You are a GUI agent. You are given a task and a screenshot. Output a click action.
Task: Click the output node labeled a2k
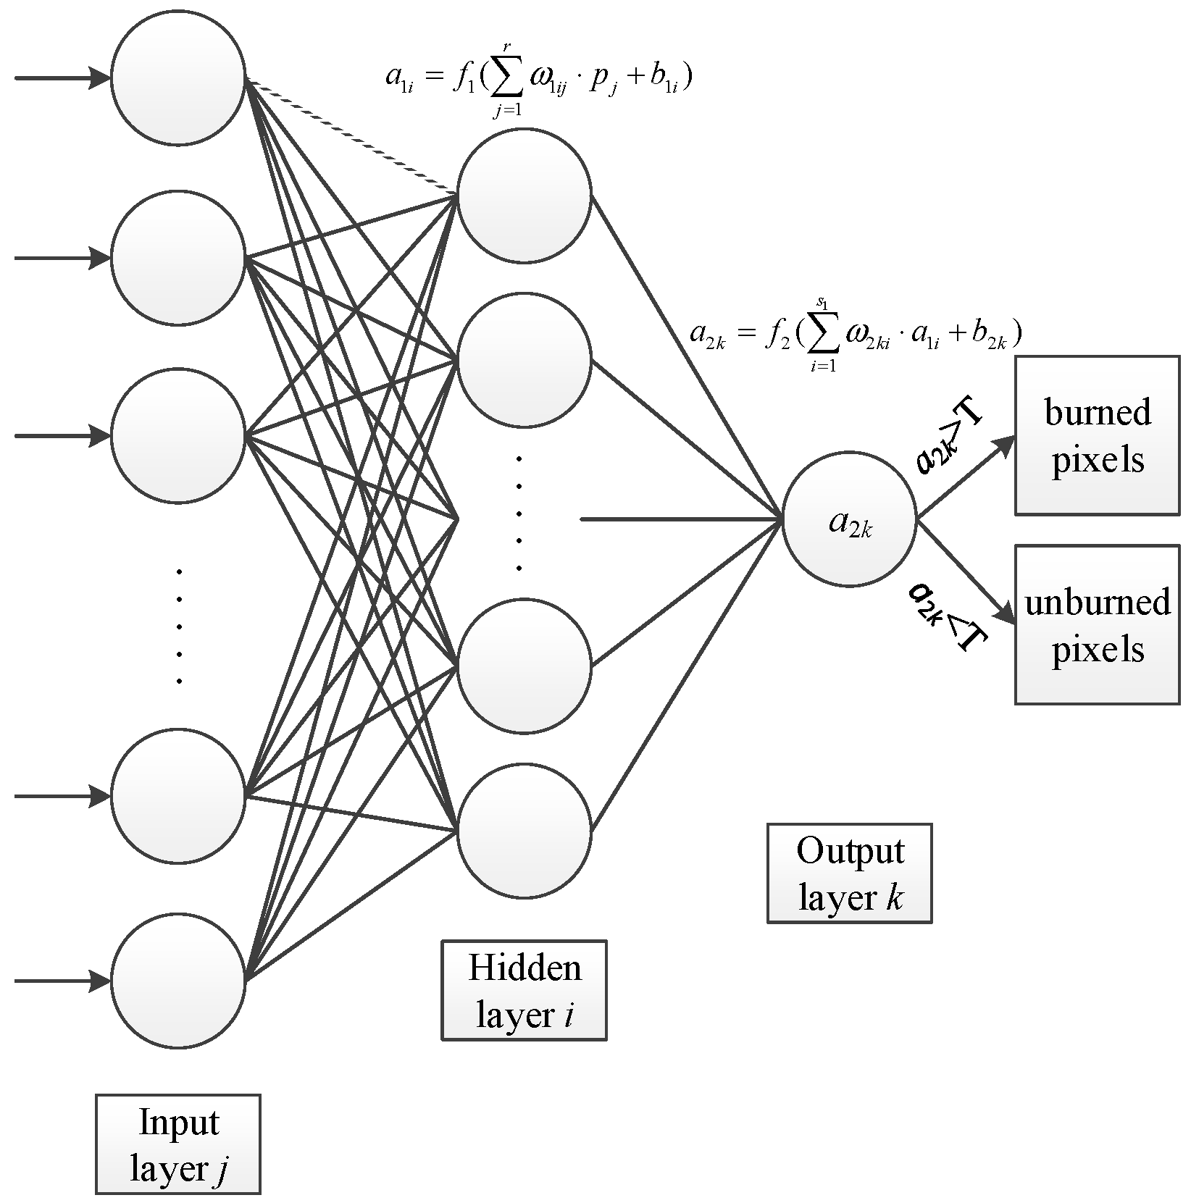[850, 520]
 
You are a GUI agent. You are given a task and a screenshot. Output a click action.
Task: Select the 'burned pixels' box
[1097, 435]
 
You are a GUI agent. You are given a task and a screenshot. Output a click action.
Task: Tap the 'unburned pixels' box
[1097, 624]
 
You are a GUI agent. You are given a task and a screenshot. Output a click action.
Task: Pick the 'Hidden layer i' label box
[524, 990]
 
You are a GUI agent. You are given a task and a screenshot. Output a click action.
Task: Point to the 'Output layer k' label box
[849, 873]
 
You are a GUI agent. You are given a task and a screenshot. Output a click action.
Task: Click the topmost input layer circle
[178, 77]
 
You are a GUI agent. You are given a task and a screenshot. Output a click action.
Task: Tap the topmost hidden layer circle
[524, 195]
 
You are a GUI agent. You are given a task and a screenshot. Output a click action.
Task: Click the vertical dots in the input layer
[179, 626]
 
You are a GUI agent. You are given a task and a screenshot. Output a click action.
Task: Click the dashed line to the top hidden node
[351, 136]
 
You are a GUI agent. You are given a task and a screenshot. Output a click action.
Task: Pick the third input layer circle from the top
[178, 436]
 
